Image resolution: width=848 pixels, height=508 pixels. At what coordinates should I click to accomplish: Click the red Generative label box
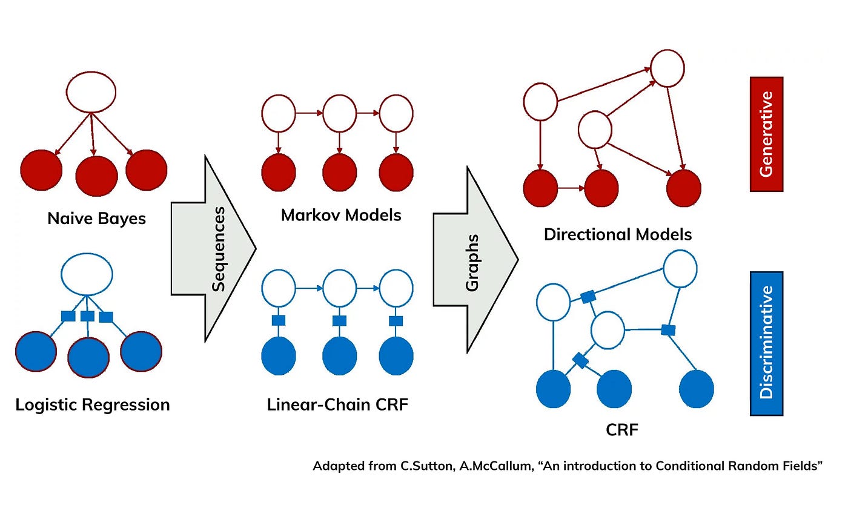click(766, 134)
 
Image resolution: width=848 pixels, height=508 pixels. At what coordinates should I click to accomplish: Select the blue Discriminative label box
click(766, 343)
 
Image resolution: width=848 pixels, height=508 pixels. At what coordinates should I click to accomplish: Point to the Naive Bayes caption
click(97, 218)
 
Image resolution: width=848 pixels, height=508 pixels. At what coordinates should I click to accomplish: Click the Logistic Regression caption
click(93, 404)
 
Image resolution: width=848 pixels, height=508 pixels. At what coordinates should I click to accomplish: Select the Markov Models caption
click(341, 214)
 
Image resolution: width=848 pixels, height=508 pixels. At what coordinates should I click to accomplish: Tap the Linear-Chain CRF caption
click(337, 404)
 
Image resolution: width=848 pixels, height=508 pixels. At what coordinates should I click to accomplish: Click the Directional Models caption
click(618, 234)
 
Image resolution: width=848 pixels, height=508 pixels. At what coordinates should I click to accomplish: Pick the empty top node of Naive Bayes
click(91, 93)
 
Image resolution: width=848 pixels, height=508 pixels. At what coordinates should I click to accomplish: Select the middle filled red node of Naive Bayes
click(96, 176)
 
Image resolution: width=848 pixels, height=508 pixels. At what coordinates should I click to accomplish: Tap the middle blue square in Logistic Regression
click(87, 316)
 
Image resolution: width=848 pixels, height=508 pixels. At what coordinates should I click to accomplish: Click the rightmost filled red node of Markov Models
click(396, 173)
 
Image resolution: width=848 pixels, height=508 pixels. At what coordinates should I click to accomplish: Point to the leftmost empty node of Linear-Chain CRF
click(279, 288)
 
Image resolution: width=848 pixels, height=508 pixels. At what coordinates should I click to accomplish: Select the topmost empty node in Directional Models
click(667, 68)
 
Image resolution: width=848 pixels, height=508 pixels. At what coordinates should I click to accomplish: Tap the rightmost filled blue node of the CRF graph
click(697, 388)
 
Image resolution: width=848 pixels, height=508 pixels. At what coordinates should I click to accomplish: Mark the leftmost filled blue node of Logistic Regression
click(36, 351)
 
